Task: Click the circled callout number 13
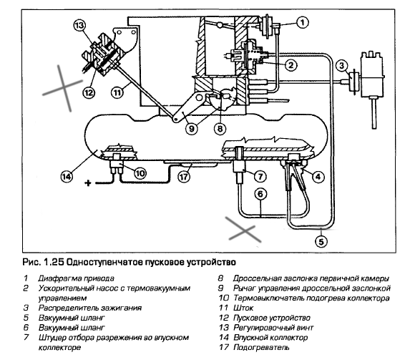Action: (79, 26)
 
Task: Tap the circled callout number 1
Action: (303, 22)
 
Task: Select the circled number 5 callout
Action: (321, 241)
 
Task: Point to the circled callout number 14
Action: (67, 177)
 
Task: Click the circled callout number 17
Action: (184, 177)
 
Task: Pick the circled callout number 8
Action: (220, 128)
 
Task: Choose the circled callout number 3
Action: (342, 66)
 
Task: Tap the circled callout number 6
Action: (260, 193)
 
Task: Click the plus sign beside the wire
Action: (88, 183)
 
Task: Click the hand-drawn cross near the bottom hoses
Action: (243, 230)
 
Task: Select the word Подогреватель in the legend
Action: (261, 347)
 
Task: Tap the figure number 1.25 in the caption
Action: (54, 262)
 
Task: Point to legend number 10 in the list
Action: (224, 298)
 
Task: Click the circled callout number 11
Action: (117, 92)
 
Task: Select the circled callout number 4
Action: (318, 177)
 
